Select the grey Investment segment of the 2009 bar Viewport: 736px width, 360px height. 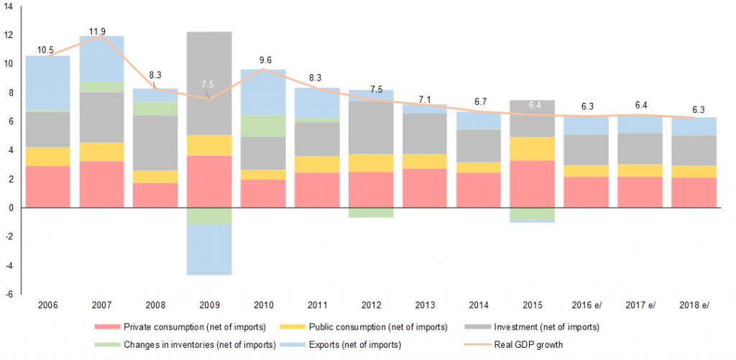point(208,83)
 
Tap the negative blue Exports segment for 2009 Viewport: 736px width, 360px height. point(208,249)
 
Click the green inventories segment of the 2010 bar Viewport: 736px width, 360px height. point(264,126)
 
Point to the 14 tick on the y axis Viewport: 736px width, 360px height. point(8,6)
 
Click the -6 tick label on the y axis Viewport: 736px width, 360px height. point(8,294)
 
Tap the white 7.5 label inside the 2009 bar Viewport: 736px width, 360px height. point(208,85)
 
